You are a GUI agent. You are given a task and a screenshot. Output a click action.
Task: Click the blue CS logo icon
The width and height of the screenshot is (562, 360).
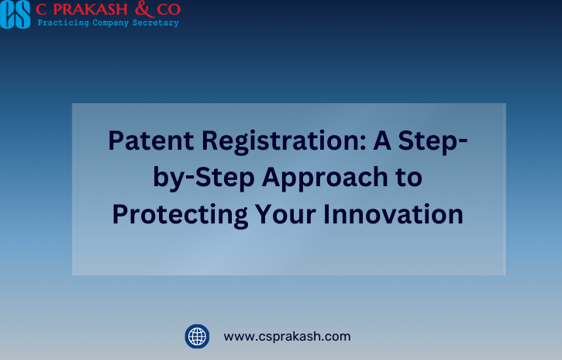(x=15, y=14)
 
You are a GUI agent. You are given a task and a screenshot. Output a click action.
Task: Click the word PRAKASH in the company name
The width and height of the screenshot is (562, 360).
(x=91, y=9)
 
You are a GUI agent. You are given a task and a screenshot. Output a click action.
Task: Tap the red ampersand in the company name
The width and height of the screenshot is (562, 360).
(x=144, y=9)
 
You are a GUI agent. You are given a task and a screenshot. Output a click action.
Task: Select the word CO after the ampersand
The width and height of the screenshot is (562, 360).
(x=168, y=9)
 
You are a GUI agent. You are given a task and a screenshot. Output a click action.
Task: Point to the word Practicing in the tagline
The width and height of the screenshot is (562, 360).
(x=63, y=23)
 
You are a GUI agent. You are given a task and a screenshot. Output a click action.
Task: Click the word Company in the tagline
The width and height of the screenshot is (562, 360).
(x=110, y=23)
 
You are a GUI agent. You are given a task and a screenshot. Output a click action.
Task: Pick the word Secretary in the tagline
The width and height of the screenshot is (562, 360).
(x=156, y=23)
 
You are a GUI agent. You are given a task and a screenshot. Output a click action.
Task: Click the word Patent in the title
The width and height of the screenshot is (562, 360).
(x=151, y=140)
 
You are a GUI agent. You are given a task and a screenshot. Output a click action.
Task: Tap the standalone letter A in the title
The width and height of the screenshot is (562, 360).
(x=381, y=140)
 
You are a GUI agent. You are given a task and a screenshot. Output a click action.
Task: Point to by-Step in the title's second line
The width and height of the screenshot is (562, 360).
(x=204, y=178)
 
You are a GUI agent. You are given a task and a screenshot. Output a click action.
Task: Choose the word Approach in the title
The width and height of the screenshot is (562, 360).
(x=325, y=178)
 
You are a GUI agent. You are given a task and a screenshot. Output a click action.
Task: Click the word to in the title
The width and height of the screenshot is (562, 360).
(x=409, y=178)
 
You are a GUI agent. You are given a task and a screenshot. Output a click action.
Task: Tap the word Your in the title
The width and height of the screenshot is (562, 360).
(x=285, y=214)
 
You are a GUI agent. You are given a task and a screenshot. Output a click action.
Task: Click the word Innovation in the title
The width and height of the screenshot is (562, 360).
(x=393, y=214)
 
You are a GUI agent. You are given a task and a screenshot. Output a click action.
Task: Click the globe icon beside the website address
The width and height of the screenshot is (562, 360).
(x=197, y=336)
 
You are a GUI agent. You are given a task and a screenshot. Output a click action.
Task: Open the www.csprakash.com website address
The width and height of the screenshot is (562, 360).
(x=287, y=337)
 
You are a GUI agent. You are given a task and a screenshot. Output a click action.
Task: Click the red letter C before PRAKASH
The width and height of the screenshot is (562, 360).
(x=41, y=9)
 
